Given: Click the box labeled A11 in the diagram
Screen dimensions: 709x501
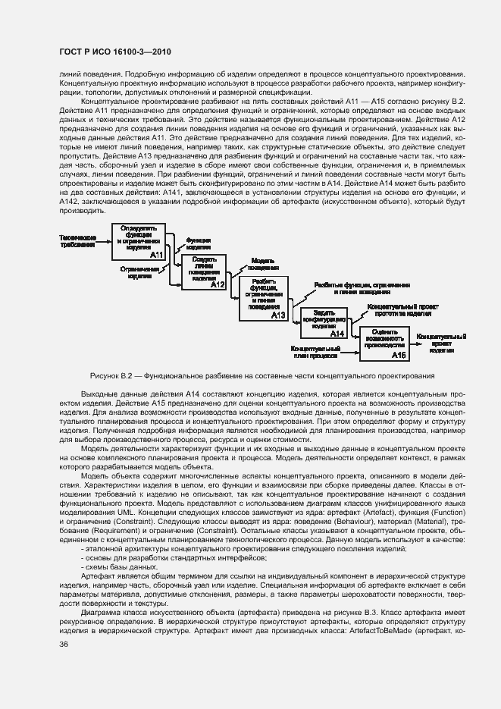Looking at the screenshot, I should [x=139, y=242].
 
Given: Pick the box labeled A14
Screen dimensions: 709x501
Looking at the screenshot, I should [x=324, y=322].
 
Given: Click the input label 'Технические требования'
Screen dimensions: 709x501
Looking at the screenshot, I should [x=77, y=241].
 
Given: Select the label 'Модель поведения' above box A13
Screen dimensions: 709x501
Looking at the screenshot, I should [x=262, y=264].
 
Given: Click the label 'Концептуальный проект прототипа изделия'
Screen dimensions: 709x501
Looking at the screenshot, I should [x=400, y=311].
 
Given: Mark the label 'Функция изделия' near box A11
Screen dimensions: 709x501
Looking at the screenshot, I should [x=198, y=243].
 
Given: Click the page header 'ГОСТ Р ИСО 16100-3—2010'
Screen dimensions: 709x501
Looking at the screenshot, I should [x=114, y=52].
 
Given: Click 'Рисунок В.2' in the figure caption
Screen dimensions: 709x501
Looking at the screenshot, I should [x=111, y=375].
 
